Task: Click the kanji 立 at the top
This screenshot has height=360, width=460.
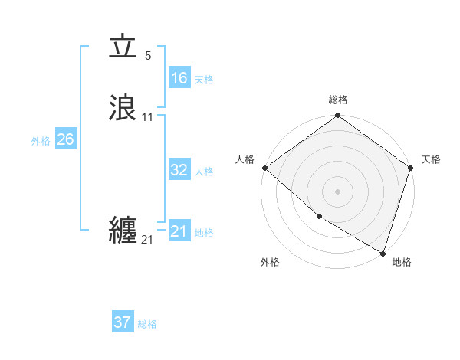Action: point(123,47)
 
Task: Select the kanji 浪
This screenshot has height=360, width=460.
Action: point(123,106)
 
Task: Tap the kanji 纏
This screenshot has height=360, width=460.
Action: point(123,230)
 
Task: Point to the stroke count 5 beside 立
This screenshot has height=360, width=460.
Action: point(148,56)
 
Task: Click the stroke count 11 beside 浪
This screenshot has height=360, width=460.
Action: point(147,117)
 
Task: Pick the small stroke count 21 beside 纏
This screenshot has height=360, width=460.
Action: point(147,241)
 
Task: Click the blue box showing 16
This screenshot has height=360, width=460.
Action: point(179,77)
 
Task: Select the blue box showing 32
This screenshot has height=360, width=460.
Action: point(179,170)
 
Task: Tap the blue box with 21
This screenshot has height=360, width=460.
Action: point(179,231)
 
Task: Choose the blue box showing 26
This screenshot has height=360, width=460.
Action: point(65,139)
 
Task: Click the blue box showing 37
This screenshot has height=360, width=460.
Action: point(122,322)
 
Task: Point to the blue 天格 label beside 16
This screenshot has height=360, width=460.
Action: point(204,79)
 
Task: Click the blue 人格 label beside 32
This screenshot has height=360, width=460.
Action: point(204,172)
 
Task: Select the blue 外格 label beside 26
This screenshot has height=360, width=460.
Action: point(41,141)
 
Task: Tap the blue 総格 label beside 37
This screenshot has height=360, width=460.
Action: point(147,324)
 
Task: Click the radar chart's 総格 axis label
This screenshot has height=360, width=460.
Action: point(338,100)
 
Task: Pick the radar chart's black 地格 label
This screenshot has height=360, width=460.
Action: point(402,262)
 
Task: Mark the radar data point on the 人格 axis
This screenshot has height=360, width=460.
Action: point(264,168)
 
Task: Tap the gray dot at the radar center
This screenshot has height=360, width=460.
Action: point(338,191)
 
